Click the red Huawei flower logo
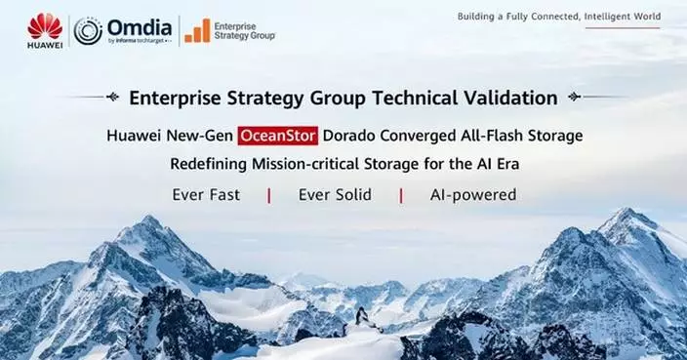[45, 23]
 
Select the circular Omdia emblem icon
[88, 30]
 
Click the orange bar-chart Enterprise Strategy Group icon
[197, 30]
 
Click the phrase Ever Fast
[206, 194]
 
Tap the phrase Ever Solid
[335, 194]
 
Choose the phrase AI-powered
[473, 194]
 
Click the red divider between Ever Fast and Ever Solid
[269, 194]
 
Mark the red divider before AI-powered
[401, 194]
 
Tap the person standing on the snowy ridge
[363, 315]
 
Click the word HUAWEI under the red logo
[45, 44]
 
